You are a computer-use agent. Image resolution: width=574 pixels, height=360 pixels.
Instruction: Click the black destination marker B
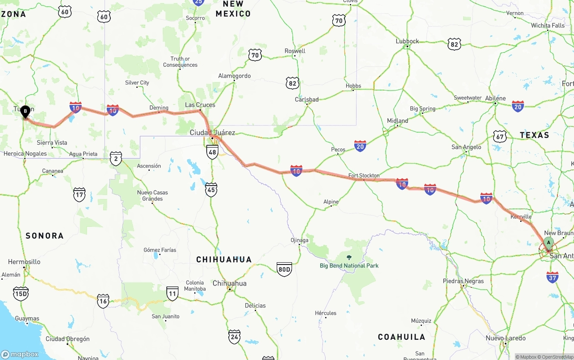25,111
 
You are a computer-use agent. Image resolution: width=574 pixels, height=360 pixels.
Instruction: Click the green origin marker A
548,243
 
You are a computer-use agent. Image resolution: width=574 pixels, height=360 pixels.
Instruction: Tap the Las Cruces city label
200,105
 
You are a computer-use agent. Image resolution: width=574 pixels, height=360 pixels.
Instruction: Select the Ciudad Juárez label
212,133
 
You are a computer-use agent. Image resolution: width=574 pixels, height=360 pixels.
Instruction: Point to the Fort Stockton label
364,176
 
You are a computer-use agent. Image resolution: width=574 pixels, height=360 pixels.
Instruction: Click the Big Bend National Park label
349,265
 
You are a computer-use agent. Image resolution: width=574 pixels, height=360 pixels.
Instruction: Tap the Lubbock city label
407,41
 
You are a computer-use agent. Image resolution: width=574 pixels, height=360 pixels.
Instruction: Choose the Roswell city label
295,51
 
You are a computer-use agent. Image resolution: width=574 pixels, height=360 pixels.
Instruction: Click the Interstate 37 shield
552,277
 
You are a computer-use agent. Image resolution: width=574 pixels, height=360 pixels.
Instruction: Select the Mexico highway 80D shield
284,269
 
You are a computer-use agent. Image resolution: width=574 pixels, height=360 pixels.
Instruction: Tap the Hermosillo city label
24,262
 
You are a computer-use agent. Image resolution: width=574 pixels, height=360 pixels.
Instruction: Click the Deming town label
159,108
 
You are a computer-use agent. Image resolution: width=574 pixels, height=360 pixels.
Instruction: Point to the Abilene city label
495,99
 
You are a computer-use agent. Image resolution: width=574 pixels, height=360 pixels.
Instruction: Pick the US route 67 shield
500,136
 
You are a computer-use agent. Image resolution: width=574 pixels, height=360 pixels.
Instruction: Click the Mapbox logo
20,354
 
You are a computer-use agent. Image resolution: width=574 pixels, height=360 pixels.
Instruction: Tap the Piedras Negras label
463,281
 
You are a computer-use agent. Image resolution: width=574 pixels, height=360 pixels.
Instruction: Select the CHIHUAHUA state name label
224,260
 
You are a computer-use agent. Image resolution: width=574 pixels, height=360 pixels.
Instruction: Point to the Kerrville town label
521,217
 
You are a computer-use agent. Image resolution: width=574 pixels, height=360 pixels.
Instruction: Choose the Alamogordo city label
234,76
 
